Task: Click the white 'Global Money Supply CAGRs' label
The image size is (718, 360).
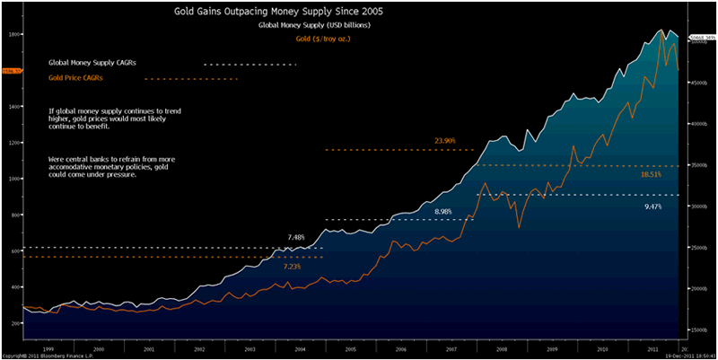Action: (x=98, y=64)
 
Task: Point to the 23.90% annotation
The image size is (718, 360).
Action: (x=445, y=141)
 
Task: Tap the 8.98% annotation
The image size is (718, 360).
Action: (x=443, y=211)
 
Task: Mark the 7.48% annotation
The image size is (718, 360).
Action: (x=297, y=237)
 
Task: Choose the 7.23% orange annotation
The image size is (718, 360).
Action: (x=293, y=267)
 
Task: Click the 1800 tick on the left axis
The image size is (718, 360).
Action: (x=14, y=34)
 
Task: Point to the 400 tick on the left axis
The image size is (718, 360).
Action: (x=14, y=286)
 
